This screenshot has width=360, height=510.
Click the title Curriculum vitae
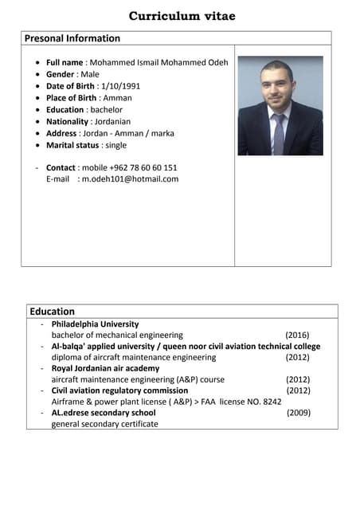182,16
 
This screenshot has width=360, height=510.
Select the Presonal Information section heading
72,38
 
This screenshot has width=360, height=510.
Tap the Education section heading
52,312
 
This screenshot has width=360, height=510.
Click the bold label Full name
65,62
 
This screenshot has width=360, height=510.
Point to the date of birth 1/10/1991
119,86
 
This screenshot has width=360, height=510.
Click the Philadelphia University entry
95,324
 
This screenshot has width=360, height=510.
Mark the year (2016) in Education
297,335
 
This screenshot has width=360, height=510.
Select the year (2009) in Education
299,413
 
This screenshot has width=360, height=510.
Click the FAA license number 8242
272,402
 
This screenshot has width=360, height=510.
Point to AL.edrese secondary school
104,413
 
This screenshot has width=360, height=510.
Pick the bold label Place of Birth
71,98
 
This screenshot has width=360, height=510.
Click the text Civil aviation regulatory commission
119,390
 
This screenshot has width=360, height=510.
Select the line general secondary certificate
104,424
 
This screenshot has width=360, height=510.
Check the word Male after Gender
100,74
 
